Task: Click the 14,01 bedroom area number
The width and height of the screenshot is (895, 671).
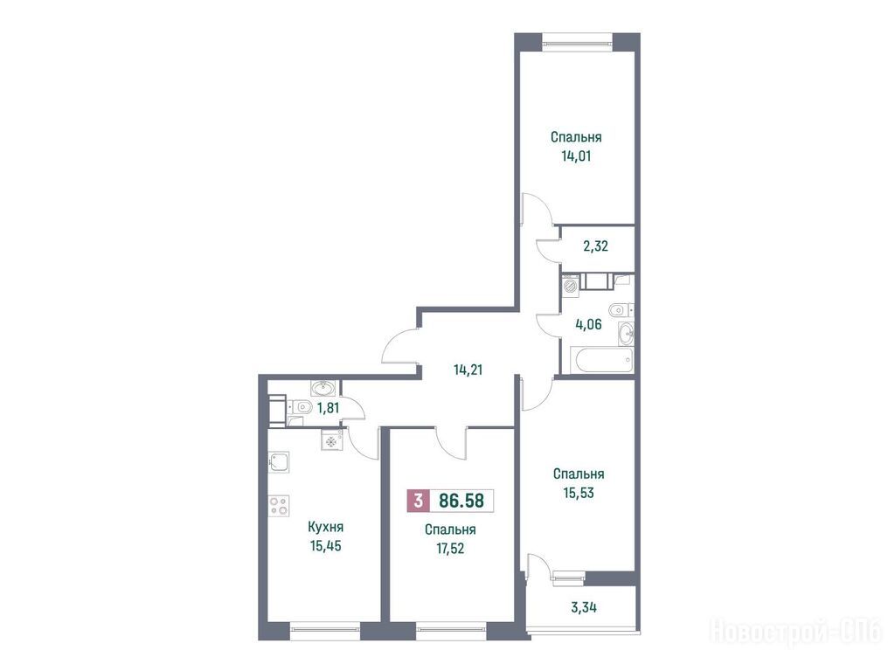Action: pos(576,156)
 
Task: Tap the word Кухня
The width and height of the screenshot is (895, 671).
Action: pos(325,527)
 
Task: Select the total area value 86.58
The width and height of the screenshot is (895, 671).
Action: pos(461,501)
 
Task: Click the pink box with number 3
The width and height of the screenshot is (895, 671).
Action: pos(419,501)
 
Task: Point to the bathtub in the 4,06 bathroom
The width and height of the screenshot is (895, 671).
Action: pos(605,360)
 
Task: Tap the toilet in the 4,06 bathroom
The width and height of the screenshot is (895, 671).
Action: pos(621,310)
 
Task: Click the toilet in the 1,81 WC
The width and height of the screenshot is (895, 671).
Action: pos(301,407)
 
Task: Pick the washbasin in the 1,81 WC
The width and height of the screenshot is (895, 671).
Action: pos(325,389)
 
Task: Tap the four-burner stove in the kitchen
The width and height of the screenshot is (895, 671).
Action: pos(279,506)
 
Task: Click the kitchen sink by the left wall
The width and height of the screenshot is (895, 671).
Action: pos(279,462)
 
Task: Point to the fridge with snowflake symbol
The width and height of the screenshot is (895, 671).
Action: pos(331,440)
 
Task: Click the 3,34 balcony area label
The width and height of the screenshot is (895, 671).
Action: pos(584,607)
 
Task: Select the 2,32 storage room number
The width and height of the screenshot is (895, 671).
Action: pos(595,246)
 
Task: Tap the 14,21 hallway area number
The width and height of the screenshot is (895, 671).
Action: pos(468,370)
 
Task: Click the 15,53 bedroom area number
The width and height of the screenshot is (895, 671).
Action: pos(579,493)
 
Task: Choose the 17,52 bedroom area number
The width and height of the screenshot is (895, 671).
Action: pos(450,549)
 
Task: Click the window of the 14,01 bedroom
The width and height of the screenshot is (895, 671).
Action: pos(577,40)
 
